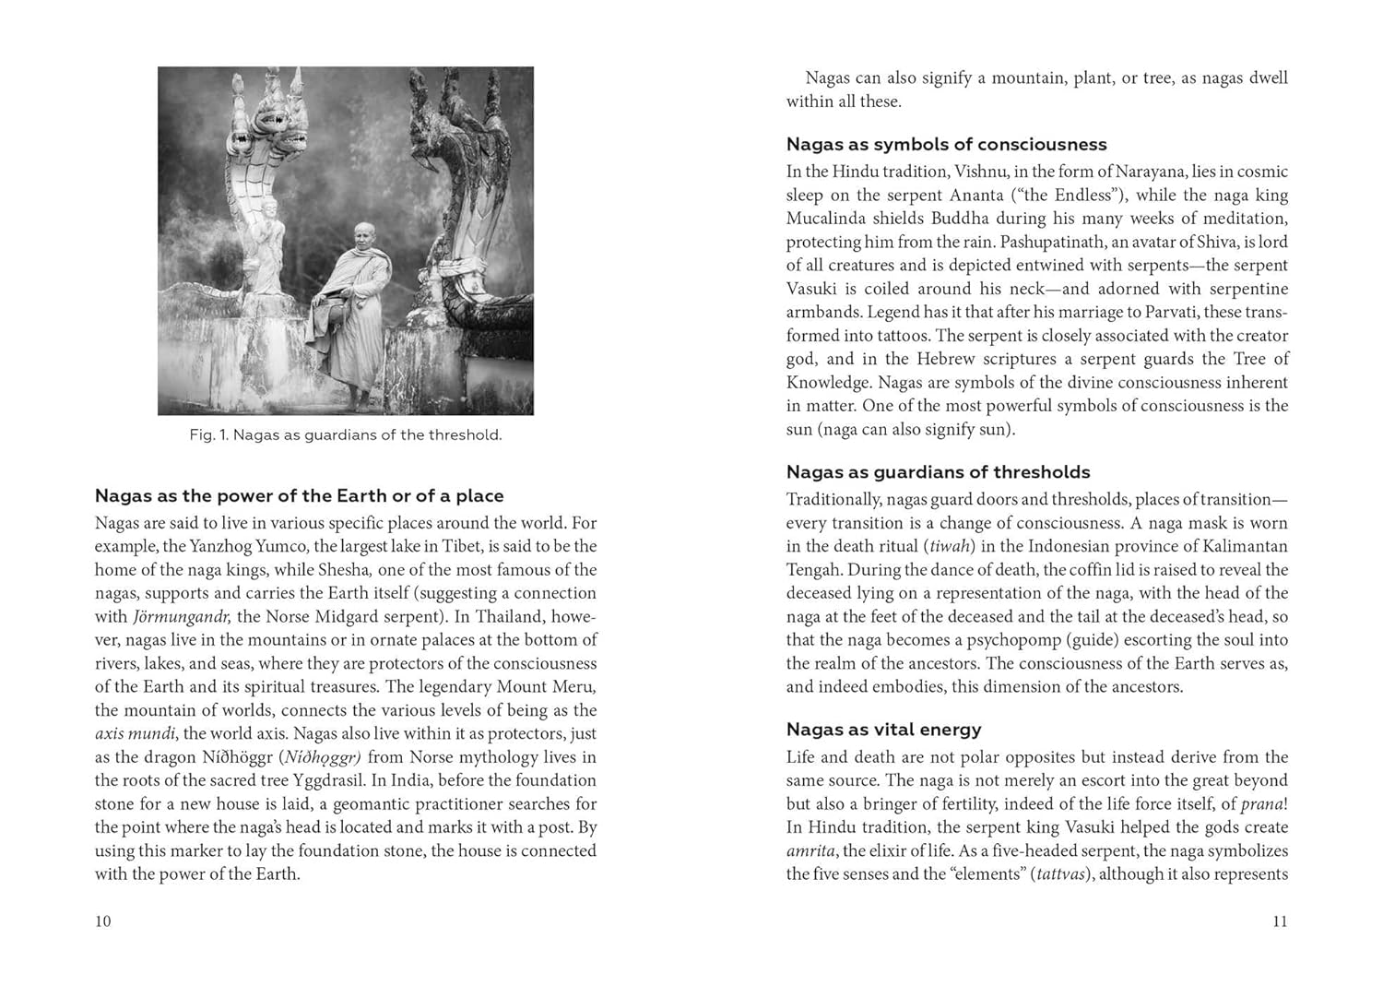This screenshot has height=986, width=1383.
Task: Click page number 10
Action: [x=102, y=921]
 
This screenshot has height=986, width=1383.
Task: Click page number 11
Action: [x=1279, y=921]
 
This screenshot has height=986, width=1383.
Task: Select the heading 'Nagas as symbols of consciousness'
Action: [x=946, y=144]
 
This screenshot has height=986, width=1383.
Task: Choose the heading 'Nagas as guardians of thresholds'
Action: [x=938, y=472]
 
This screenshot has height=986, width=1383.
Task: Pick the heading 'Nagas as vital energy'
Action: [x=883, y=730]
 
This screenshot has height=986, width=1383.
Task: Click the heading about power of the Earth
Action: [x=299, y=496]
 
